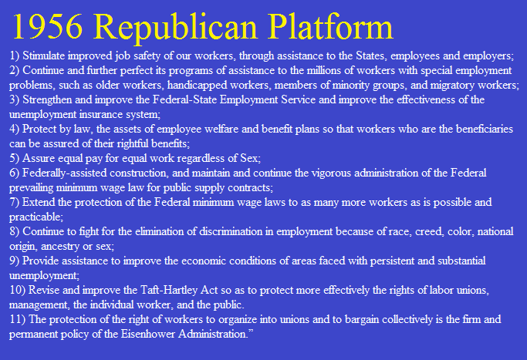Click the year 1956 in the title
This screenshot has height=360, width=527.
(x=47, y=27)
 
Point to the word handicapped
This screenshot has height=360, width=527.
(x=198, y=86)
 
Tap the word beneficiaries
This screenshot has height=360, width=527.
(x=485, y=129)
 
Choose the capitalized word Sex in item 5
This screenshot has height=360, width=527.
(x=248, y=158)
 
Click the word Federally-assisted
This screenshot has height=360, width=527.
(x=65, y=173)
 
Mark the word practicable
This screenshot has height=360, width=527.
(x=35, y=217)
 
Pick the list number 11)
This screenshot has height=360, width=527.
(x=17, y=319)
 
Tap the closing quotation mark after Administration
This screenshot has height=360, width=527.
(x=250, y=331)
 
